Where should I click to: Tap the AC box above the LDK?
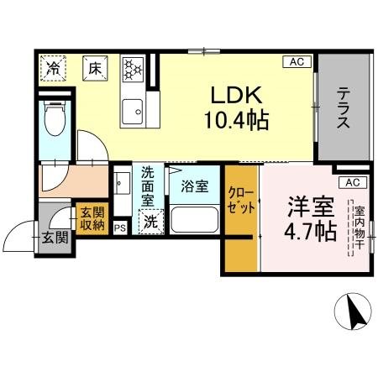tap(297, 61)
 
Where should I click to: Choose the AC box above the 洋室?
tap(351, 182)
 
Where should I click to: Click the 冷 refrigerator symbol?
tap(54, 68)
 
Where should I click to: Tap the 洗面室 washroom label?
tap(148, 186)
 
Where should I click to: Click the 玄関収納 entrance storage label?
tap(92, 217)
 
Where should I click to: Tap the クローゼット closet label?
tap(240, 202)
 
